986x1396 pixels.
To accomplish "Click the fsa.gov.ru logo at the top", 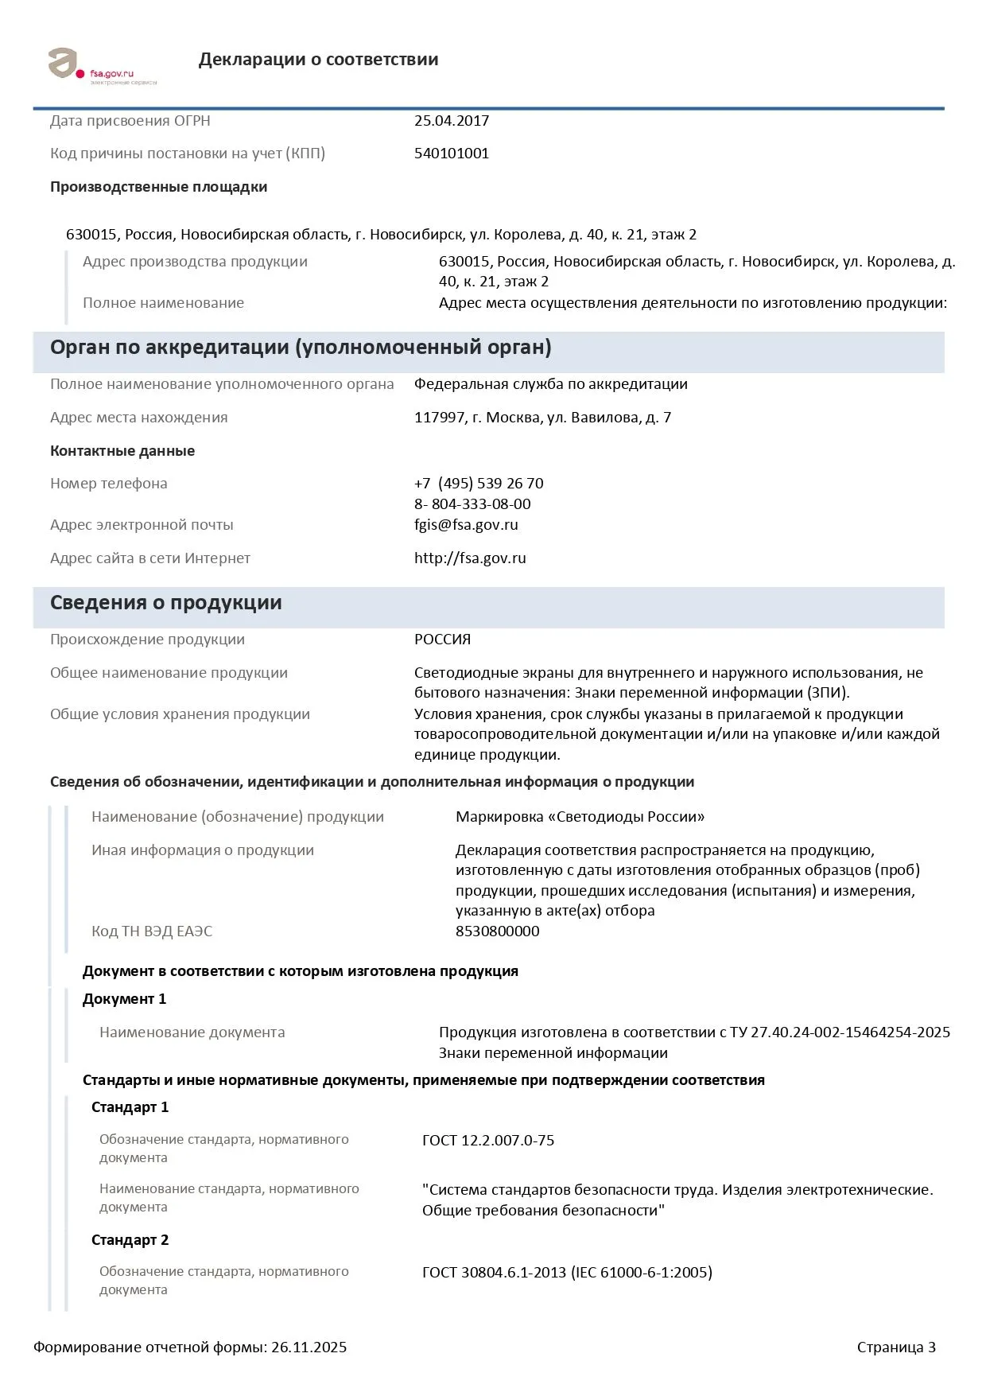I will click(101, 66).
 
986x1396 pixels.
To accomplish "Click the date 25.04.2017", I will click(452, 121).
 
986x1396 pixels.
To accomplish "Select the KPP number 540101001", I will click(452, 154).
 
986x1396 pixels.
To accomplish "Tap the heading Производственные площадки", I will click(158, 187).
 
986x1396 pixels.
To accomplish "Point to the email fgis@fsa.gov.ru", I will click(466, 525).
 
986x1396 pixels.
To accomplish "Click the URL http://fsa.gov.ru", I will click(470, 558).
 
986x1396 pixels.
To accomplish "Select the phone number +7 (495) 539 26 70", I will click(479, 484).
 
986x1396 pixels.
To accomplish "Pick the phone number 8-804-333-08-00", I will click(472, 504).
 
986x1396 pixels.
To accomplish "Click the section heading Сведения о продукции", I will click(165, 603).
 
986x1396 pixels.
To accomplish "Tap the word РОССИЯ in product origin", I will click(442, 640).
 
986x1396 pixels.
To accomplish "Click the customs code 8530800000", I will click(497, 931).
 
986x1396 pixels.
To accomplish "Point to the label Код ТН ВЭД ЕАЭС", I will click(152, 931).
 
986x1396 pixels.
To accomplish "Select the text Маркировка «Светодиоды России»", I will click(580, 817).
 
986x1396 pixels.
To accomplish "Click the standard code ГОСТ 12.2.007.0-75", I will click(488, 1141).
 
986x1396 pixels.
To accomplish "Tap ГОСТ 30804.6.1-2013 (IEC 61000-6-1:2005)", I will click(567, 1273).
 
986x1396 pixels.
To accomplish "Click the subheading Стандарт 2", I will click(130, 1240).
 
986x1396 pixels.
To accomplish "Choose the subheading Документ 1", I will click(124, 999).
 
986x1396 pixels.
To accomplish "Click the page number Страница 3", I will click(896, 1347).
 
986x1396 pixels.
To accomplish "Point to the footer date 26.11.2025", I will click(309, 1347).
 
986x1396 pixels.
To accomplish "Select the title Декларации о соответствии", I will click(318, 60).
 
